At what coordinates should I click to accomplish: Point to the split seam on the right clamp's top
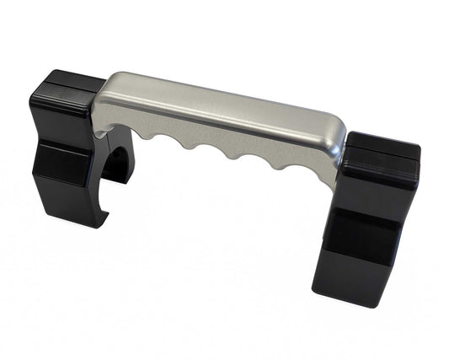click(383, 148)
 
